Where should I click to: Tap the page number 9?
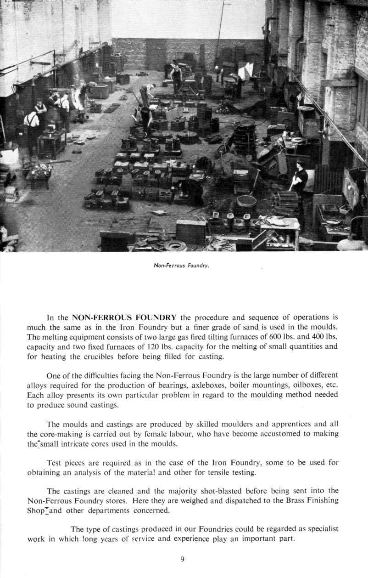click(182, 559)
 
